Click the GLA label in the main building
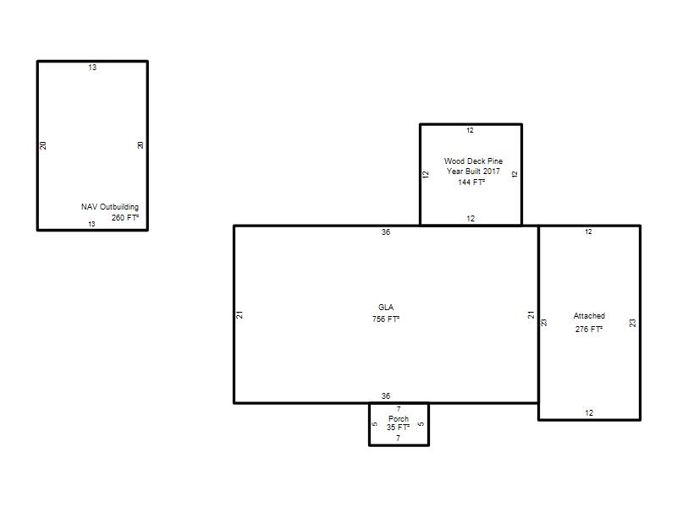(386, 308)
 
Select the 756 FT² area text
(386, 319)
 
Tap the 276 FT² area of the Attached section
(588, 329)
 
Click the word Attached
(589, 316)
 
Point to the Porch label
(399, 418)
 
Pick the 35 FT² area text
(398, 428)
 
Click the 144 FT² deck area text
(471, 183)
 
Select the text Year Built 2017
(473, 172)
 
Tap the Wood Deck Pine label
(473, 161)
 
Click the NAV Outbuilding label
(110, 207)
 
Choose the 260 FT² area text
(125, 218)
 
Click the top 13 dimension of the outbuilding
(92, 68)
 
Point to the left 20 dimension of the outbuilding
(43, 145)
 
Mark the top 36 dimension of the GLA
(386, 232)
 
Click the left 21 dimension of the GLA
(239, 314)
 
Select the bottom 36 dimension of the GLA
(386, 395)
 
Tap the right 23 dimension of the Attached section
(632, 323)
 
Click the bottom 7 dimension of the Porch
(398, 438)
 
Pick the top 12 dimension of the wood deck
(470, 130)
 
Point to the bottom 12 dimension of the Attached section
(589, 413)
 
